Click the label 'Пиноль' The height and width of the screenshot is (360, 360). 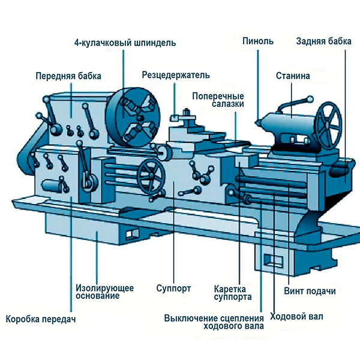point(258,41)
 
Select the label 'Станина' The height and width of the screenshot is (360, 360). point(292,76)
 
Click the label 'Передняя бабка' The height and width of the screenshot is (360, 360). point(68,76)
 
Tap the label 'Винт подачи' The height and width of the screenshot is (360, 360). point(309,292)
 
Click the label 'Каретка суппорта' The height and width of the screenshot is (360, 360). point(233,292)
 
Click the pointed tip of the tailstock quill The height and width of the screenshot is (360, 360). point(256,122)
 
